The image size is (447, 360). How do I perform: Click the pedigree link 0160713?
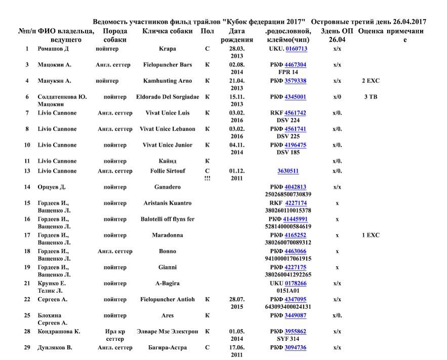click(296, 49)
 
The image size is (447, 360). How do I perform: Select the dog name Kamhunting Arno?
click(167, 81)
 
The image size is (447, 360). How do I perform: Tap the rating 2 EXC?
click(371, 81)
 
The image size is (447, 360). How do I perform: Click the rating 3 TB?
click(371, 97)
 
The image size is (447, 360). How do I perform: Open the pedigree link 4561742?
click(295, 113)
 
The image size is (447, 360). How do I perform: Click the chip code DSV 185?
click(288, 152)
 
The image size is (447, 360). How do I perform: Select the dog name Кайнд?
click(167, 161)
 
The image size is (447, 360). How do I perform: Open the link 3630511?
click(288, 171)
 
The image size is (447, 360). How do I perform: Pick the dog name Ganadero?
click(167, 187)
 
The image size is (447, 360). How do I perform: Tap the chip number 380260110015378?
click(288, 210)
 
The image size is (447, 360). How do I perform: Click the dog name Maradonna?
click(167, 235)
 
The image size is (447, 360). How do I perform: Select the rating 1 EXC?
click(371, 235)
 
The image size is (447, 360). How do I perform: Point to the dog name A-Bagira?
click(167, 284)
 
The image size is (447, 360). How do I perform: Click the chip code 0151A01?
click(288, 291)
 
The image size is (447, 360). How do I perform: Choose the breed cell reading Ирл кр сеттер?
click(115, 335)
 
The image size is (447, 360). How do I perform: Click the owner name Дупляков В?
click(55, 348)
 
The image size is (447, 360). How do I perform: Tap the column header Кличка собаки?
click(167, 31)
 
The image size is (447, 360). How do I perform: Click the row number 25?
click(27, 315)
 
